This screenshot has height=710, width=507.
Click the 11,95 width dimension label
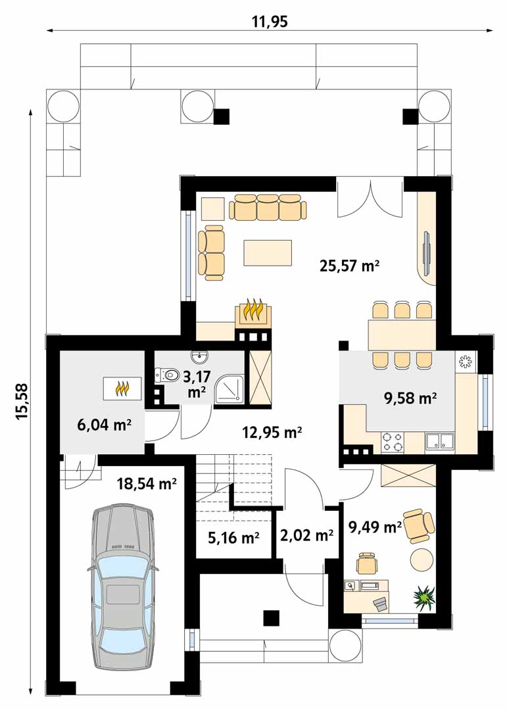270,21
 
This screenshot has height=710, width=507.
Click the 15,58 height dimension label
22,401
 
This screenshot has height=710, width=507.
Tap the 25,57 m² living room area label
349,266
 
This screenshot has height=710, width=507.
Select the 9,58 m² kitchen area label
410,398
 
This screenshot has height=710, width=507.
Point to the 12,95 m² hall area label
272,433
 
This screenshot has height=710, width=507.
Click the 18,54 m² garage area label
147,484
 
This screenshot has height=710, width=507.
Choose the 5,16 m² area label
233,538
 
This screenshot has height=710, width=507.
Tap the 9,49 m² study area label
375,527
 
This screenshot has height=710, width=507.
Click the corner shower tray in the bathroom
229,388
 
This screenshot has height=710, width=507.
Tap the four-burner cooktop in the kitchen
393,442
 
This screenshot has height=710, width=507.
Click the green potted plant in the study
424,597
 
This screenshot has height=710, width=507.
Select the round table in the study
422,559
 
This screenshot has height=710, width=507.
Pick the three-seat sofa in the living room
268,207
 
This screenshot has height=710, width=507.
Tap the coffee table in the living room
268,252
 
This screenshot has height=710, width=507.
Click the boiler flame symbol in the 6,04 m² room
122,388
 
